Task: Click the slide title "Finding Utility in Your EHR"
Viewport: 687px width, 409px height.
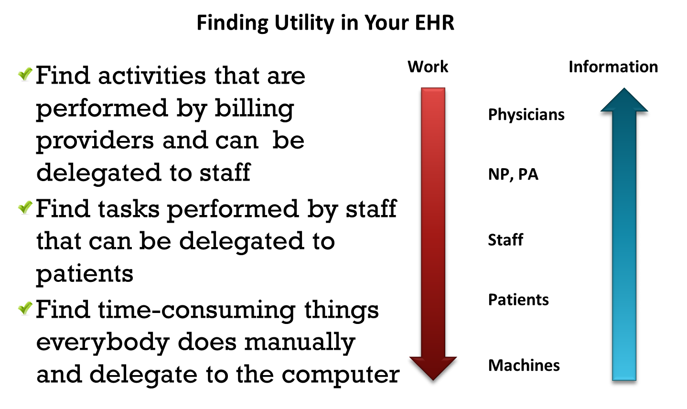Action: pyautogui.click(x=325, y=23)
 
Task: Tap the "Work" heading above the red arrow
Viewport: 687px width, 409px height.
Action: pyautogui.click(x=428, y=67)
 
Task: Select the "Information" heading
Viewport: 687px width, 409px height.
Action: pyautogui.click(x=613, y=67)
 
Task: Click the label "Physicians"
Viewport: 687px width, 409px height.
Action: pyautogui.click(x=526, y=115)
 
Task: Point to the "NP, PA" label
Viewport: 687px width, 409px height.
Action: pyautogui.click(x=513, y=174)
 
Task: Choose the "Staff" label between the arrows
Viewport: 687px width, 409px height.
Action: pyautogui.click(x=505, y=240)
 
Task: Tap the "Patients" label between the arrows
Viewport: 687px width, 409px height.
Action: pyautogui.click(x=518, y=300)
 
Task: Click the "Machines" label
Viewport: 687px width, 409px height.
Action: pyautogui.click(x=524, y=366)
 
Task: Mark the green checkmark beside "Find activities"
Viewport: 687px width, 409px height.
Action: pyautogui.click(x=25, y=74)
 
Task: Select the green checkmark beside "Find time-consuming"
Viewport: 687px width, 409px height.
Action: pyautogui.click(x=25, y=308)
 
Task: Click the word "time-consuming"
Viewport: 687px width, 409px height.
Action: pyautogui.click(x=197, y=310)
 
